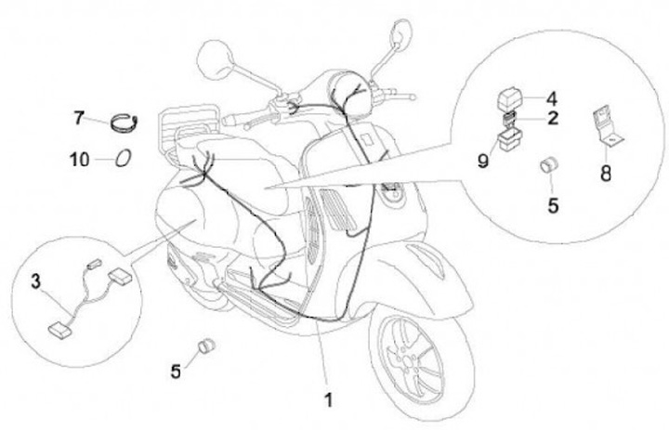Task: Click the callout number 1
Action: tap(327, 401)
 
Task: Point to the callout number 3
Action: tap(36, 280)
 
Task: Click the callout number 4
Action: tap(551, 97)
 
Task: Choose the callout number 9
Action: tap(482, 161)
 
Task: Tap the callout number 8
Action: tap(606, 173)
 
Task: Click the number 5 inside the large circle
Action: tap(552, 206)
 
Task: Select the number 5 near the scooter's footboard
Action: tap(176, 371)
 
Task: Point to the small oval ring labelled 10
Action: tap(124, 159)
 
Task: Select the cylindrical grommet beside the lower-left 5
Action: tap(205, 349)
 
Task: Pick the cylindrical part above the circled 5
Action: tap(549, 166)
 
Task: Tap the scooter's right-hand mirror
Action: tap(401, 33)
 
